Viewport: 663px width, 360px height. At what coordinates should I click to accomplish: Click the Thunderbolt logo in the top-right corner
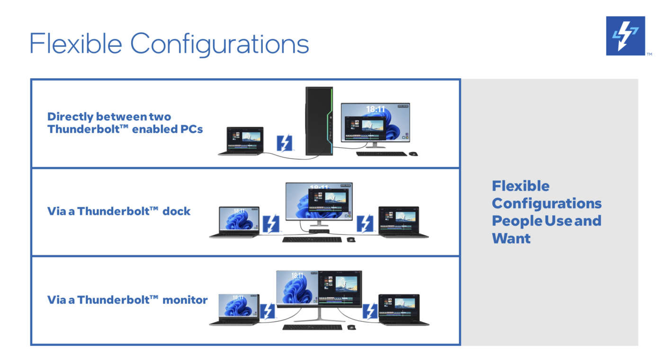click(x=626, y=36)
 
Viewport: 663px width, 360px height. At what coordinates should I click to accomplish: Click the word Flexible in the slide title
click(x=75, y=44)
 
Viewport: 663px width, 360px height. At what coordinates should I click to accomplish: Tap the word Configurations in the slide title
click(x=219, y=45)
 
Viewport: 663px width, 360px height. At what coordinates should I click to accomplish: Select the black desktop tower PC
click(x=319, y=121)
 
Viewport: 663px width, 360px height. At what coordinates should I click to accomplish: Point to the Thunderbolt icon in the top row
click(x=285, y=143)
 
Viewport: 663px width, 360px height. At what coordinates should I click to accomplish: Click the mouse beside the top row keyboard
click(x=413, y=153)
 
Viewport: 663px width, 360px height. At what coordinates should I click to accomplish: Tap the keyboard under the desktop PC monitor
click(x=382, y=153)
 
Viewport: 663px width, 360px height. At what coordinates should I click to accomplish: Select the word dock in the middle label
click(x=176, y=211)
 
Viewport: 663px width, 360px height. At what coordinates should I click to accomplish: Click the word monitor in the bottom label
click(x=185, y=300)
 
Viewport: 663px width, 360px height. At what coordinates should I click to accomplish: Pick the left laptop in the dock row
click(x=235, y=222)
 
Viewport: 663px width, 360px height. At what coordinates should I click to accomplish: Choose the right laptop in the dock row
click(x=402, y=222)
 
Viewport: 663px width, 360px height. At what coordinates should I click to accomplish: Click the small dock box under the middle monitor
click(x=319, y=231)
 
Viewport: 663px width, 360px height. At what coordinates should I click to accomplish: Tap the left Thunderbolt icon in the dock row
click(x=271, y=224)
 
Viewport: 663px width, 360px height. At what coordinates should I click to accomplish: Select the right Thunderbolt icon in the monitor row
click(x=370, y=311)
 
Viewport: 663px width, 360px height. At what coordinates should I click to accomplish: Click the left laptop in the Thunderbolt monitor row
click(x=235, y=310)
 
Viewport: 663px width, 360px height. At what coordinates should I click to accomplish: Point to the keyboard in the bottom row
click(x=312, y=327)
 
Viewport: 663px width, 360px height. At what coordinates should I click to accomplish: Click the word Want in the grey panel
click(x=511, y=239)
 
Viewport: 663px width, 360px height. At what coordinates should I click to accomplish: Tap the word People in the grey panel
click(x=517, y=221)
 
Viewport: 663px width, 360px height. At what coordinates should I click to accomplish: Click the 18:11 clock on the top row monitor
click(x=375, y=109)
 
